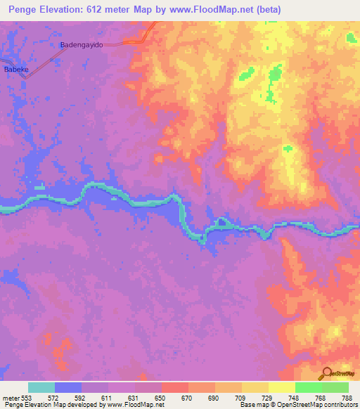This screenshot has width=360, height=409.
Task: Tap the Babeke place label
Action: point(16,70)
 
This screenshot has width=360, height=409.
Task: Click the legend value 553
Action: point(26,398)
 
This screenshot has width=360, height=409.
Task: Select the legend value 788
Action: point(347,398)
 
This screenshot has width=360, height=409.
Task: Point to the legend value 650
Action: point(161,398)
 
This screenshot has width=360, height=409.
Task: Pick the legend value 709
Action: point(241,398)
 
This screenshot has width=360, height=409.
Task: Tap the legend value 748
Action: point(295,398)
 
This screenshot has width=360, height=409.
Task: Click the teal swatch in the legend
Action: point(41,387)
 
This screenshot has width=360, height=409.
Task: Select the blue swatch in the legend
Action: point(68,387)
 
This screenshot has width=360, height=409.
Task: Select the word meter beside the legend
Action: point(10,398)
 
